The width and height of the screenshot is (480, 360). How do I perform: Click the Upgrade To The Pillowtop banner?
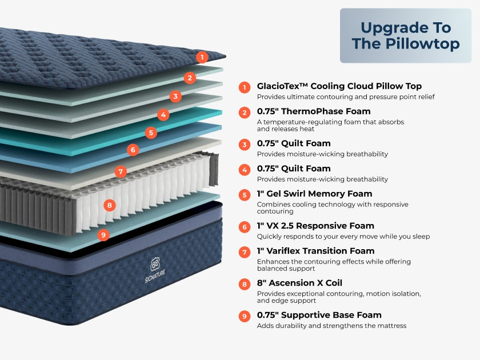[x=405, y=35]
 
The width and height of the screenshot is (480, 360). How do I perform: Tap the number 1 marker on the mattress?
[x=201, y=57]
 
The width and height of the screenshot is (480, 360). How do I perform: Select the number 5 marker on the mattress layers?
[x=150, y=133]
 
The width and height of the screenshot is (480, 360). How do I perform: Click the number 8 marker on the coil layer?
[x=109, y=205]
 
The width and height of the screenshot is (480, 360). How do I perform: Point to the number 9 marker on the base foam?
[x=103, y=234]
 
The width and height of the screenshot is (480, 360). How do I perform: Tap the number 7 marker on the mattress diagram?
[x=120, y=171]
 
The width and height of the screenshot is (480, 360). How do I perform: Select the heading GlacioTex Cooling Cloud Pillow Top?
[x=339, y=86]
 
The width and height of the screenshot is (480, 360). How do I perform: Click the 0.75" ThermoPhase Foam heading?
[x=314, y=111]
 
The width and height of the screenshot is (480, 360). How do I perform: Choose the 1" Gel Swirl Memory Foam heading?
[x=314, y=194]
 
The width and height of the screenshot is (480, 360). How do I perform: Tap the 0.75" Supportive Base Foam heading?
[x=319, y=315]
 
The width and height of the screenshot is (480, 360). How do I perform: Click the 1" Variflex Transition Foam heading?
[x=315, y=251]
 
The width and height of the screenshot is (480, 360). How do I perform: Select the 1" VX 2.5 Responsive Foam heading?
[x=315, y=226]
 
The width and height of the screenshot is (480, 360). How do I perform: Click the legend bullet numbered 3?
[x=245, y=145]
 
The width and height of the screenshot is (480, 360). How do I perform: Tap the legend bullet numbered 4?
[x=245, y=170]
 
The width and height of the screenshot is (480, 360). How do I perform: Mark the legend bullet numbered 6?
[x=245, y=227]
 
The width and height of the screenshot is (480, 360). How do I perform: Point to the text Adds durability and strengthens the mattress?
[x=331, y=326]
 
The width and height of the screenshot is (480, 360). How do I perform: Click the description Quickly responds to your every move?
[x=343, y=237]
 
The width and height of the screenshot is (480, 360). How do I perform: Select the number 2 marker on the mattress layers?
[x=190, y=78]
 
